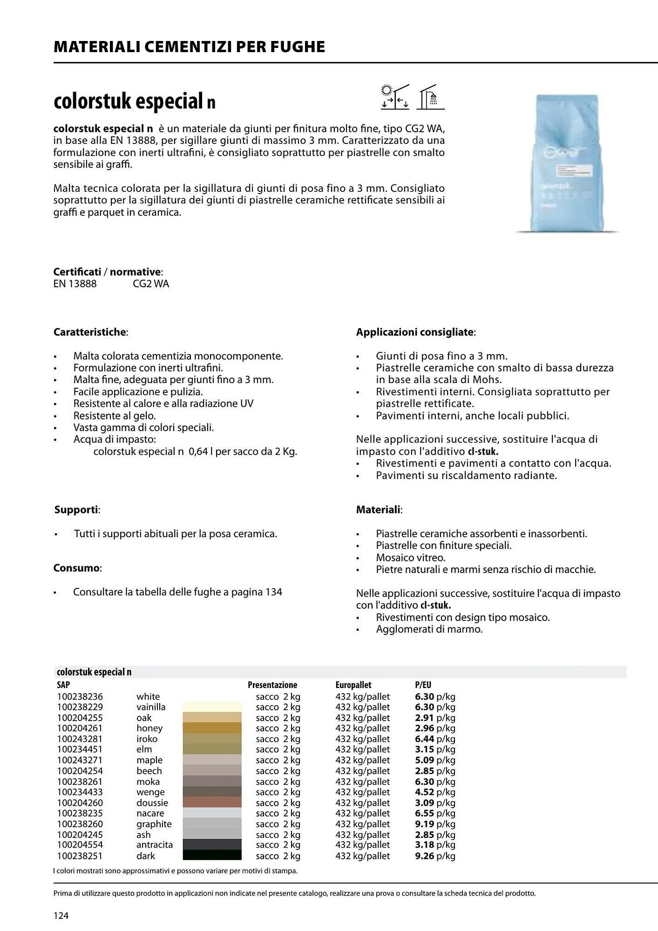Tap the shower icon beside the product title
pyautogui.click(x=431, y=97)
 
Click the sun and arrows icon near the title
pyautogui.click(x=394, y=97)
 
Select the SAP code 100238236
pyautogui.click(x=80, y=697)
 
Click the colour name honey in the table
pyautogui.click(x=149, y=729)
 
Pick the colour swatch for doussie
pyautogui.click(x=212, y=803)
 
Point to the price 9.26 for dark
pyautogui.click(x=424, y=856)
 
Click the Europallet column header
pyautogui.click(x=353, y=685)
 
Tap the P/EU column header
pyautogui.click(x=423, y=685)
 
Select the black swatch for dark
pyautogui.click(x=212, y=856)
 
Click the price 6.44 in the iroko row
pyautogui.click(x=424, y=739)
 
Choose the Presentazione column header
pyautogui.click(x=272, y=685)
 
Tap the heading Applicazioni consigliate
pyautogui.click(x=415, y=332)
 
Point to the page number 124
pyautogui.click(x=61, y=916)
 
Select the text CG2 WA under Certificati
pyautogui.click(x=151, y=284)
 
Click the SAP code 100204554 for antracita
pyautogui.click(x=80, y=845)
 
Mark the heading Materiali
pyautogui.click(x=379, y=510)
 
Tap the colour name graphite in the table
pyautogui.click(x=154, y=824)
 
